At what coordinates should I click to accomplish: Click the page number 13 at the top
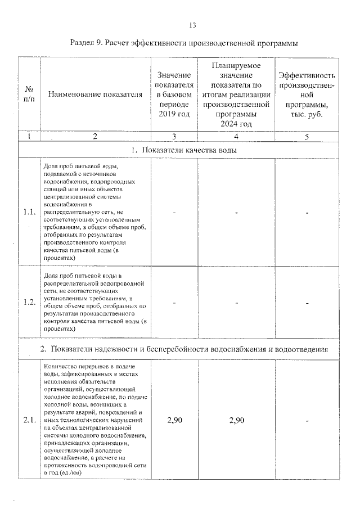point(192,25)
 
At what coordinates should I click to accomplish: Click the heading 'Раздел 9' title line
point(183,43)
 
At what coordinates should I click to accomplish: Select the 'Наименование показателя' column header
point(95,94)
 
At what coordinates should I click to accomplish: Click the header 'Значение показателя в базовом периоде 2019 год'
point(174,94)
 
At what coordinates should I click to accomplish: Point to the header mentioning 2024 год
point(236,94)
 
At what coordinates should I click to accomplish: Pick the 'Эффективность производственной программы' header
point(307,94)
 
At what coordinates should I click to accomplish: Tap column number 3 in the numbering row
point(174,136)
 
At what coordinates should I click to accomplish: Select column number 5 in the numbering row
point(307,136)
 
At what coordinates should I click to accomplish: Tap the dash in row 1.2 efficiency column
point(308,303)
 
